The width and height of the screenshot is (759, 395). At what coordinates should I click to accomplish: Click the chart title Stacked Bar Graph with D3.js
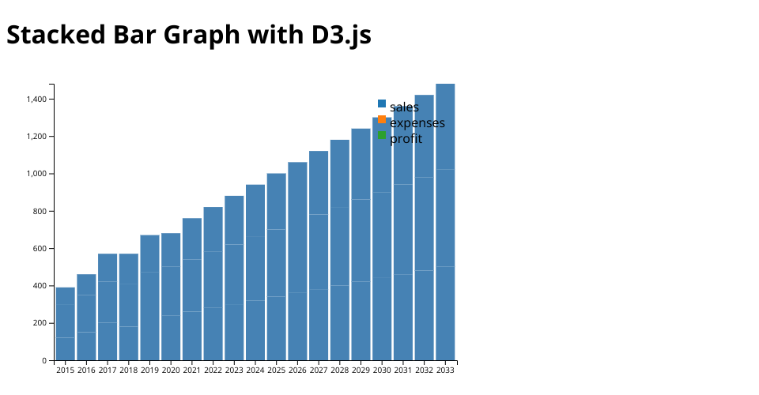pyautogui.click(x=189, y=35)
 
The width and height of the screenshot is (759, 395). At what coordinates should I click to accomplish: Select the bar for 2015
pyautogui.click(x=66, y=324)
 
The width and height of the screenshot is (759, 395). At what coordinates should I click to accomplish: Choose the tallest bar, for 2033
pyautogui.click(x=445, y=222)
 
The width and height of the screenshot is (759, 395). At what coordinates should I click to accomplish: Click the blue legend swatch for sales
pyautogui.click(x=382, y=103)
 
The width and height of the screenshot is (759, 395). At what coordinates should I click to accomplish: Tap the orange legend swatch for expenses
pyautogui.click(x=382, y=119)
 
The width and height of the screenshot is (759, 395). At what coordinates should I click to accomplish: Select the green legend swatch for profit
pyautogui.click(x=382, y=135)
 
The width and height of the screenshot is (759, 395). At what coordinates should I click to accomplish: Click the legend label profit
pyautogui.click(x=406, y=139)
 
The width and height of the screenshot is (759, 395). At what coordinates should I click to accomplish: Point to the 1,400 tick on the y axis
pyautogui.click(x=36, y=100)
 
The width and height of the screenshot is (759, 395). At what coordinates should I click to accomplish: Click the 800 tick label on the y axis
pyautogui.click(x=40, y=212)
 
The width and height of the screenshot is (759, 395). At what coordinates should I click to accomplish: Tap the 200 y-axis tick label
pyautogui.click(x=40, y=323)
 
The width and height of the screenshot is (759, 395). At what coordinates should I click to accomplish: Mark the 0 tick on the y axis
pyautogui.click(x=44, y=361)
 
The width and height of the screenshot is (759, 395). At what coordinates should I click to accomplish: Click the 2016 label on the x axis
pyautogui.click(x=87, y=370)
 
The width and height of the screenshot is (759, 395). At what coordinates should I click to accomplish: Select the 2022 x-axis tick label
pyautogui.click(x=213, y=370)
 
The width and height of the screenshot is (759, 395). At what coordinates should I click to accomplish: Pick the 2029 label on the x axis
pyautogui.click(x=361, y=370)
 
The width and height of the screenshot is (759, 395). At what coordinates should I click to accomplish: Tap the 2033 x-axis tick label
pyautogui.click(x=445, y=370)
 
